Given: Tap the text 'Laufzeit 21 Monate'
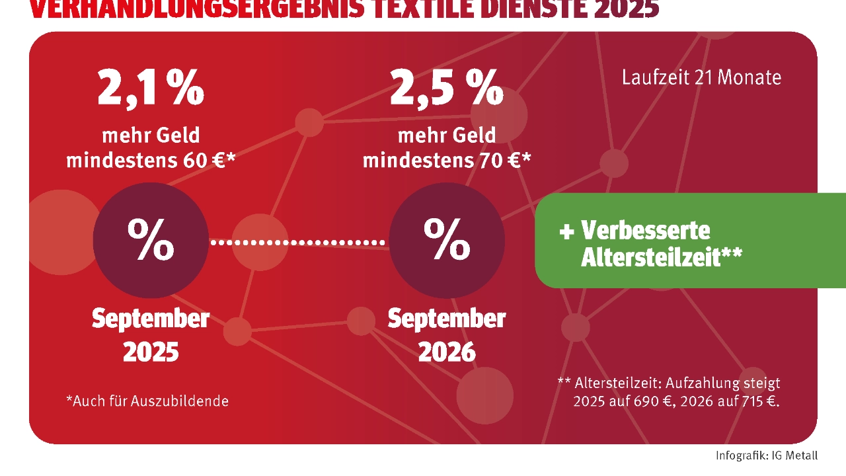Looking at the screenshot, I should click(x=701, y=77).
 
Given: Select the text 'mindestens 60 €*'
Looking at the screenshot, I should click(x=151, y=160).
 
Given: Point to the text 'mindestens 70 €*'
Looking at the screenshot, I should click(x=447, y=160).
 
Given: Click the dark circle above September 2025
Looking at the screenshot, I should click(x=151, y=240).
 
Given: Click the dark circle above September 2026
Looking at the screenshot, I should click(x=447, y=240).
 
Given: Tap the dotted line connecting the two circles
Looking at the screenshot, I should click(x=298, y=243).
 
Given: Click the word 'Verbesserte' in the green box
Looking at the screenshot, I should click(x=645, y=230).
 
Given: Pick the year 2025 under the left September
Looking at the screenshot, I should click(x=151, y=352).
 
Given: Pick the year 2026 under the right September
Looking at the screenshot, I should click(x=447, y=352).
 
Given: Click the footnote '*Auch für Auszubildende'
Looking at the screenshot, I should click(x=147, y=401).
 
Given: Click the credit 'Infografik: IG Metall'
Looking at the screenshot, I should click(x=766, y=456).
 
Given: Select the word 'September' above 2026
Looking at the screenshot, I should click(x=447, y=319).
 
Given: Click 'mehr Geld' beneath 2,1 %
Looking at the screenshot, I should click(x=151, y=136).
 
